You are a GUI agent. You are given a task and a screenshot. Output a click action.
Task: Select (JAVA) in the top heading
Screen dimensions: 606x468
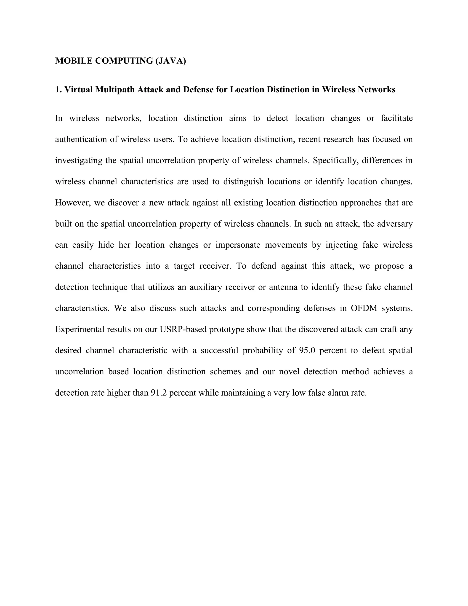(x=170, y=61)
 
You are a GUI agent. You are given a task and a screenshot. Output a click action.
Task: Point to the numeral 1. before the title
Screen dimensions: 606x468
(x=58, y=90)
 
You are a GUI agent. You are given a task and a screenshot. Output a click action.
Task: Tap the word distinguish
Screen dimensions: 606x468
(x=243, y=182)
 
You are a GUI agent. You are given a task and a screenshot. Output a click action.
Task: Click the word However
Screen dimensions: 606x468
(x=73, y=203)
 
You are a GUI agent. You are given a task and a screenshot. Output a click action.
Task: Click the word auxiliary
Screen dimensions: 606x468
(x=206, y=287)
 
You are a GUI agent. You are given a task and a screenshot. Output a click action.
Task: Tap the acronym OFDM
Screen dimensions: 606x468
(x=364, y=308)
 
